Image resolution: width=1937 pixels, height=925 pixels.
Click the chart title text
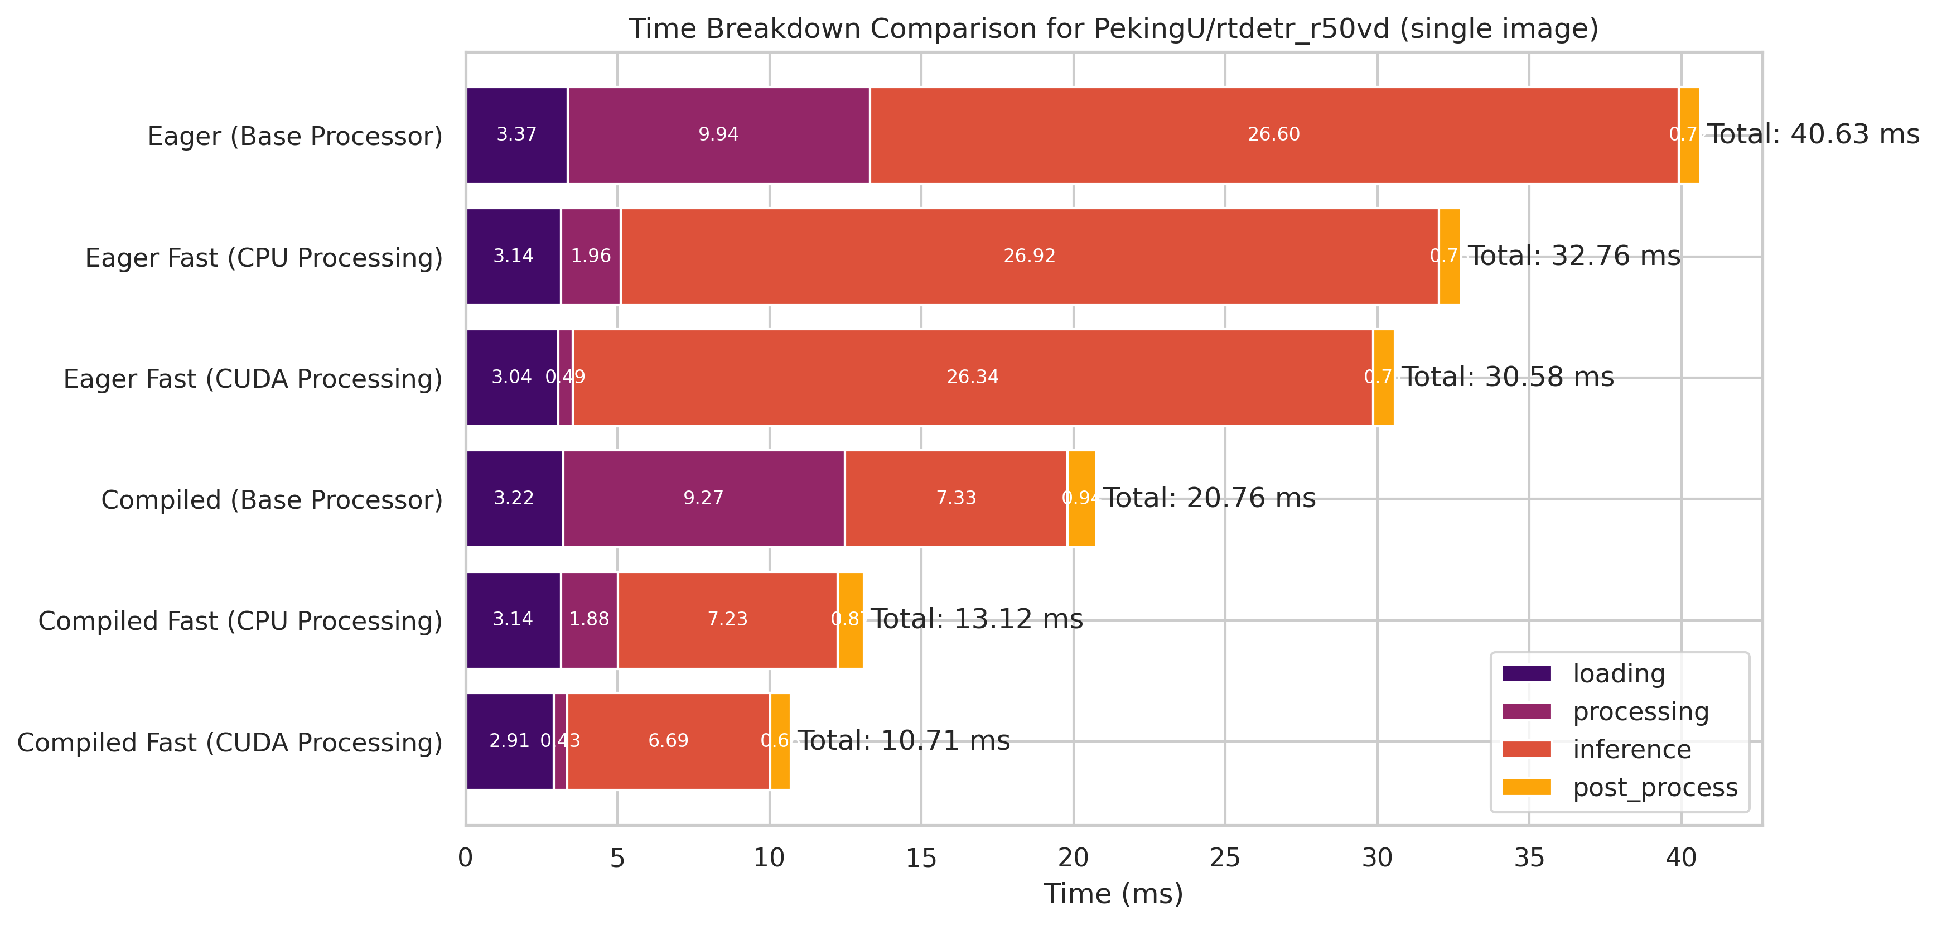1113,28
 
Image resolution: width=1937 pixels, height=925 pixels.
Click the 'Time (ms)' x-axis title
1113,893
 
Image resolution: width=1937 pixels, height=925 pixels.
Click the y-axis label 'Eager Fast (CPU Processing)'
263,257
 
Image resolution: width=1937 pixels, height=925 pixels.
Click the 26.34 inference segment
972,378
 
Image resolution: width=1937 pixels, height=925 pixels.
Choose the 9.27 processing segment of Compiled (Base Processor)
703,499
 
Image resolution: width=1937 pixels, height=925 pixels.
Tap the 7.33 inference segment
956,499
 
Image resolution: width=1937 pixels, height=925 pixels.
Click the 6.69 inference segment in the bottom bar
669,741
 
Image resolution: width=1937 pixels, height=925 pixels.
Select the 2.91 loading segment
509,741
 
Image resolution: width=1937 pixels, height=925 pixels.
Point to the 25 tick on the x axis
1225,858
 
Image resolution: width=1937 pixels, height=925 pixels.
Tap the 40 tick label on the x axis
1680,858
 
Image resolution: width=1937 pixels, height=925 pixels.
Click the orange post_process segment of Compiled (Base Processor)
1081,499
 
